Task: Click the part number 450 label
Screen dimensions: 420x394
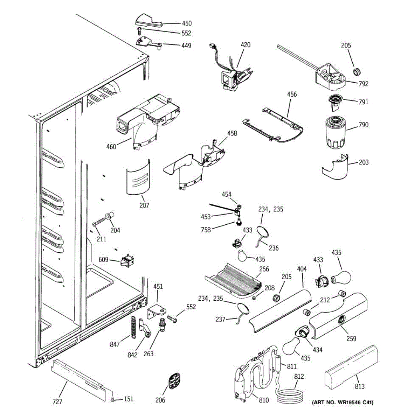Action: point(187,23)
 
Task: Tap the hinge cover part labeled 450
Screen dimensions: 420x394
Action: point(147,20)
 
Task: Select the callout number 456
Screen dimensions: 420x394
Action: point(292,94)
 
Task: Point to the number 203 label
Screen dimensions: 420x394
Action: point(364,162)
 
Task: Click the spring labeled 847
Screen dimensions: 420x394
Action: point(133,328)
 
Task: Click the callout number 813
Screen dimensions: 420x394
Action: point(359,386)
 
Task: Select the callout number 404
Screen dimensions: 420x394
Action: point(302,269)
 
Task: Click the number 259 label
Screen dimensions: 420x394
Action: point(351,338)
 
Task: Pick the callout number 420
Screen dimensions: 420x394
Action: point(246,45)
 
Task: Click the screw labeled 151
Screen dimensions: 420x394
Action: point(113,399)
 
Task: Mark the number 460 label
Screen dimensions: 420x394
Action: point(111,147)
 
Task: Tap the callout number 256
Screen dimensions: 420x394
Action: point(264,269)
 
